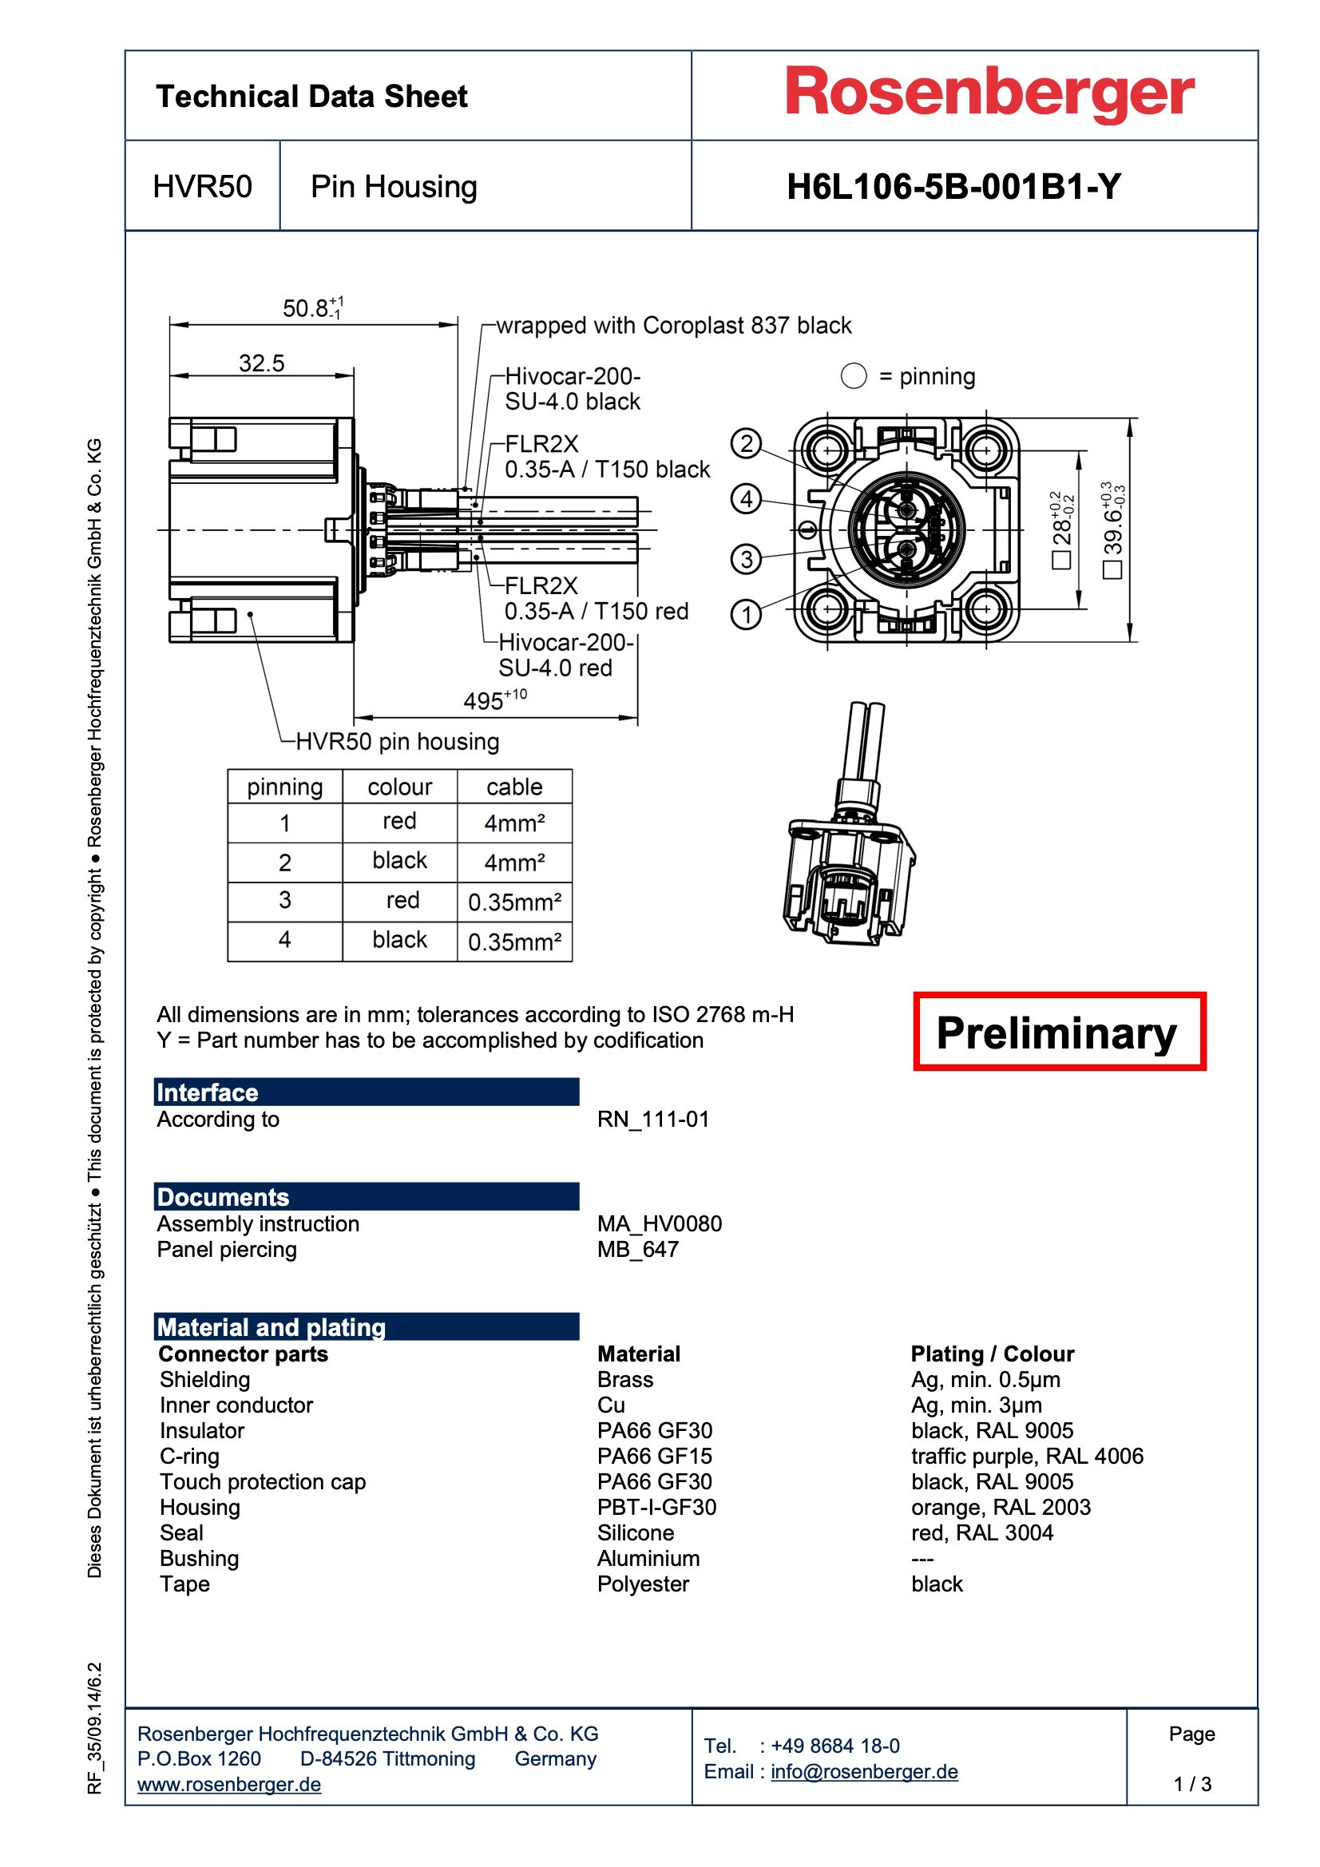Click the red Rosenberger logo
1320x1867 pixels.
click(x=989, y=93)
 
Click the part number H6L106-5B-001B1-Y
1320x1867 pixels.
click(x=953, y=187)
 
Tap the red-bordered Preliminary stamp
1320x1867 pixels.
click(x=1058, y=1032)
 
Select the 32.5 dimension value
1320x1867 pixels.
click(x=261, y=363)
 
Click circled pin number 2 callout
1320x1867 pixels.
click(x=746, y=444)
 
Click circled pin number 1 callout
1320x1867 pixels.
click(x=746, y=614)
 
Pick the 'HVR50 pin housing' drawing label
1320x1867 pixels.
click(x=397, y=742)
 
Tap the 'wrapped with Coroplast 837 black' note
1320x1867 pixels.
click(x=672, y=326)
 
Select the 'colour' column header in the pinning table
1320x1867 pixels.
click(x=399, y=787)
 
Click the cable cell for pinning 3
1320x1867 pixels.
click(x=514, y=902)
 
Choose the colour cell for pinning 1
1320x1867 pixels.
click(x=399, y=821)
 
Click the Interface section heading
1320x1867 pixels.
click(x=208, y=1092)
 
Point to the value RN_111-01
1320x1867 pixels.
click(x=653, y=1120)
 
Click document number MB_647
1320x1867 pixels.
click(x=637, y=1250)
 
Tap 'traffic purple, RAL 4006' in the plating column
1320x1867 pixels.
click(x=1026, y=1457)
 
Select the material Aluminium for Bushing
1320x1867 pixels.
click(x=648, y=1559)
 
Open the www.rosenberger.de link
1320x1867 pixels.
click(x=228, y=1784)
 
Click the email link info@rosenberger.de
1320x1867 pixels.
click(x=864, y=1772)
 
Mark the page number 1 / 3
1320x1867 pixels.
click(x=1191, y=1784)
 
